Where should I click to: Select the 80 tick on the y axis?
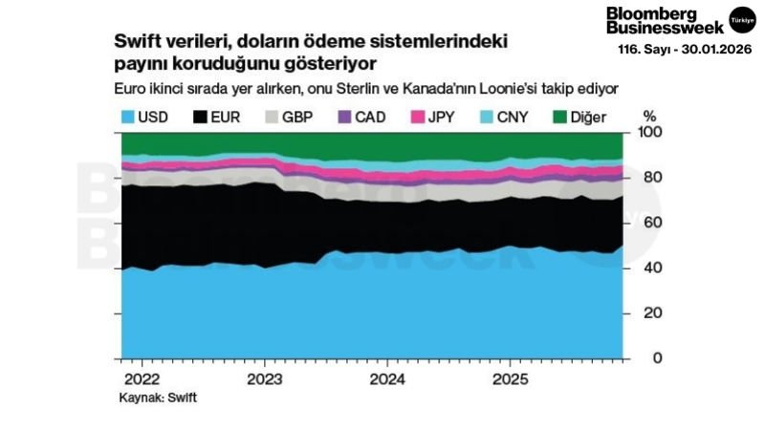coord(650,178)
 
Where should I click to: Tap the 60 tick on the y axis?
coord(650,223)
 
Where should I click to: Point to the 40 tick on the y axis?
coord(650,269)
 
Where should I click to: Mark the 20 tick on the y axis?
coord(650,313)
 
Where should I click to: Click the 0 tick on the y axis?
coord(654,358)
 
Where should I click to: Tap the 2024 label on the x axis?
coord(386,377)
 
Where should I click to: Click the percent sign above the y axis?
coord(650,114)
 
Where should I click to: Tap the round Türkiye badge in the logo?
coord(740,19)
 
